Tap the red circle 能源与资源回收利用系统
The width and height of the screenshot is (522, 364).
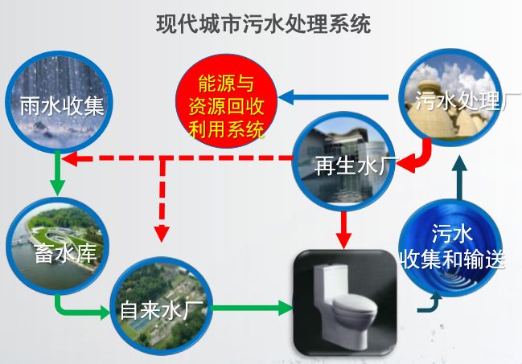(x=226, y=105)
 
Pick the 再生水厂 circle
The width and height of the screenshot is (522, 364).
(x=343, y=158)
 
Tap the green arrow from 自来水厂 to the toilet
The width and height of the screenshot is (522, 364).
(x=249, y=306)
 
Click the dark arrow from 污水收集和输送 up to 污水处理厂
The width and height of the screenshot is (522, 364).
(x=458, y=181)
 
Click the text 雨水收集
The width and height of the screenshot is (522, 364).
(x=62, y=106)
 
